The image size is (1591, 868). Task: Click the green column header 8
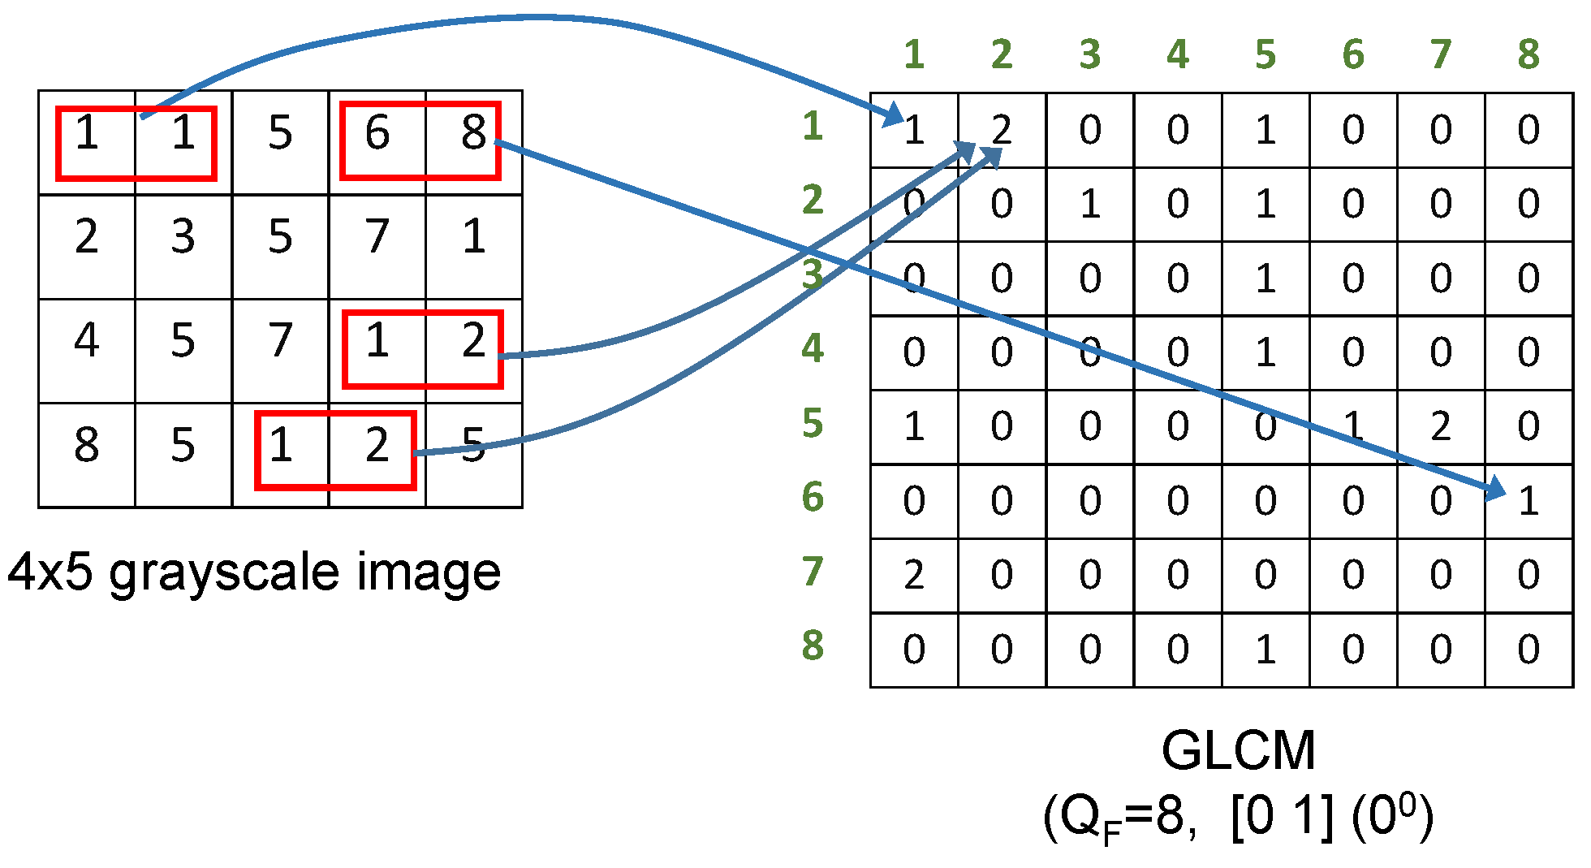(1528, 54)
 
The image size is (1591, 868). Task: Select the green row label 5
(813, 423)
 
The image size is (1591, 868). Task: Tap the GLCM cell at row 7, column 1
(914, 575)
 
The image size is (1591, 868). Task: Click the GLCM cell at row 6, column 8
(1528, 501)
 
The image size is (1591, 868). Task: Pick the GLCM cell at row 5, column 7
(1440, 426)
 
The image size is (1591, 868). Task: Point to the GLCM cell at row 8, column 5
(1265, 650)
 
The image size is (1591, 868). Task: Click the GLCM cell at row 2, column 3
(1089, 204)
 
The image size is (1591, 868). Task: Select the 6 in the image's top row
(377, 132)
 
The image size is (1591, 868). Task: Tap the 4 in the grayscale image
(87, 340)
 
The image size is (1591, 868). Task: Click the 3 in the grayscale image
(183, 236)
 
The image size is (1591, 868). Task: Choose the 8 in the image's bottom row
(87, 445)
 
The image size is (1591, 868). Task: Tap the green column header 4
(1177, 54)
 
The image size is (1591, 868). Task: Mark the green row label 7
(813, 572)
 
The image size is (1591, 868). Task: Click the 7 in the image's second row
(377, 236)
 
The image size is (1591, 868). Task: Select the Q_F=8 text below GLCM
(1123, 818)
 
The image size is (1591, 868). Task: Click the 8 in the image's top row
(473, 132)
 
